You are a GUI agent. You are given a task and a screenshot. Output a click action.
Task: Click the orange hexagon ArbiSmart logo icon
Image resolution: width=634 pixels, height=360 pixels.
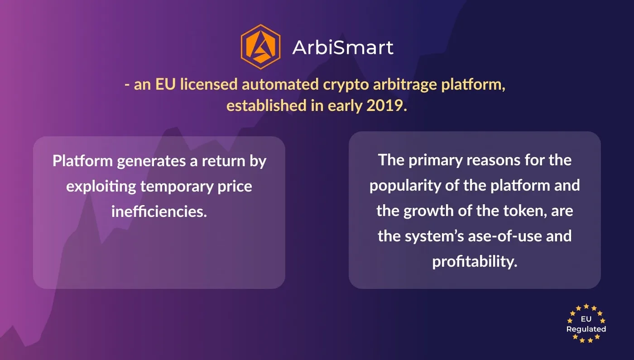point(260,47)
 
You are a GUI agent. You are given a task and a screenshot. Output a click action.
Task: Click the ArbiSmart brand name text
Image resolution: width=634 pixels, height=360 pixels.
point(343,47)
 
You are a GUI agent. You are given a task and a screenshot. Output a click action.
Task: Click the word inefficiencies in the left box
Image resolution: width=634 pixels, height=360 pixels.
point(159,211)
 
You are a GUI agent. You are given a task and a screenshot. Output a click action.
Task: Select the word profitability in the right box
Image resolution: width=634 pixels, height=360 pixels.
point(474,261)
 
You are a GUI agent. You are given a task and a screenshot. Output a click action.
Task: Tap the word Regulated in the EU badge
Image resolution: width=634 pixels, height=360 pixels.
point(586,329)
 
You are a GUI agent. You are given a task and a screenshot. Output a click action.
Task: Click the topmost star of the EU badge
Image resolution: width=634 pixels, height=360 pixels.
point(586,307)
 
